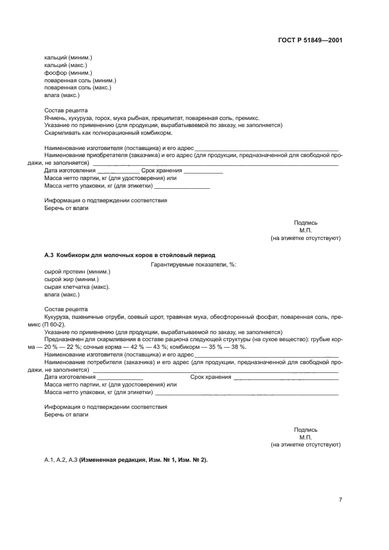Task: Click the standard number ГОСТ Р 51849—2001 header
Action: (x=310, y=41)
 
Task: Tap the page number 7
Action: (x=340, y=499)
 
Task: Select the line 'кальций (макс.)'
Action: (x=66, y=65)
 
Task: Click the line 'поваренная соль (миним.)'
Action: (x=80, y=80)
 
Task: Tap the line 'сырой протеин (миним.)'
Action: (x=77, y=271)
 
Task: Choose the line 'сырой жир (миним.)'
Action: (x=71, y=279)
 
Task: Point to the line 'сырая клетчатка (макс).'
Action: (x=77, y=286)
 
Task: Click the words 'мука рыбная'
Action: (x=134, y=118)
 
